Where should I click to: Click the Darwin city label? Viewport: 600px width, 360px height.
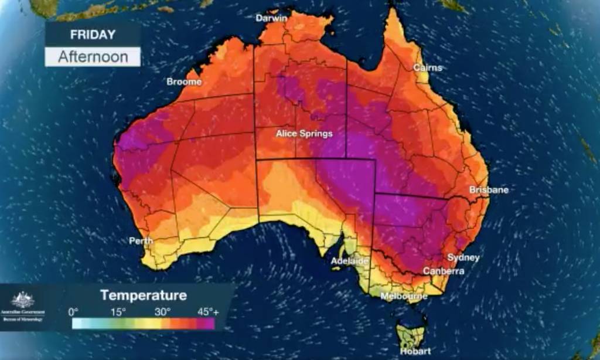[x=271, y=18]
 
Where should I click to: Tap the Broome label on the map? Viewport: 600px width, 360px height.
[x=184, y=82]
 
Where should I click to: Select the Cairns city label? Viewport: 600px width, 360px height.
[x=428, y=67]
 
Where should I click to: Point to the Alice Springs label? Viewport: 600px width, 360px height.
[x=304, y=134]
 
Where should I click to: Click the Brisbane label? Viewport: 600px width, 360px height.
[x=489, y=190]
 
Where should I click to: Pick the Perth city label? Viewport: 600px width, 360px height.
[x=141, y=240]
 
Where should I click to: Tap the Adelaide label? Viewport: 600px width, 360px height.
[x=350, y=261]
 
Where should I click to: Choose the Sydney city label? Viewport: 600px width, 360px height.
[x=463, y=257]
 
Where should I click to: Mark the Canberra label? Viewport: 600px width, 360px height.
[x=444, y=271]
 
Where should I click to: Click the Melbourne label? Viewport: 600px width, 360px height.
[x=404, y=297]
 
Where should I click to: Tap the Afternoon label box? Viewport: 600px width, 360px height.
[x=93, y=57]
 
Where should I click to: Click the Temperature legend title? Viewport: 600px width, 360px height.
[x=144, y=294]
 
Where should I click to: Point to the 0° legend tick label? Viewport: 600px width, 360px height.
[x=73, y=311]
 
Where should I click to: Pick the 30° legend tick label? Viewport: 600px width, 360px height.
[x=162, y=311]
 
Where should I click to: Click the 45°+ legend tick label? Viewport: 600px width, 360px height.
[x=207, y=311]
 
